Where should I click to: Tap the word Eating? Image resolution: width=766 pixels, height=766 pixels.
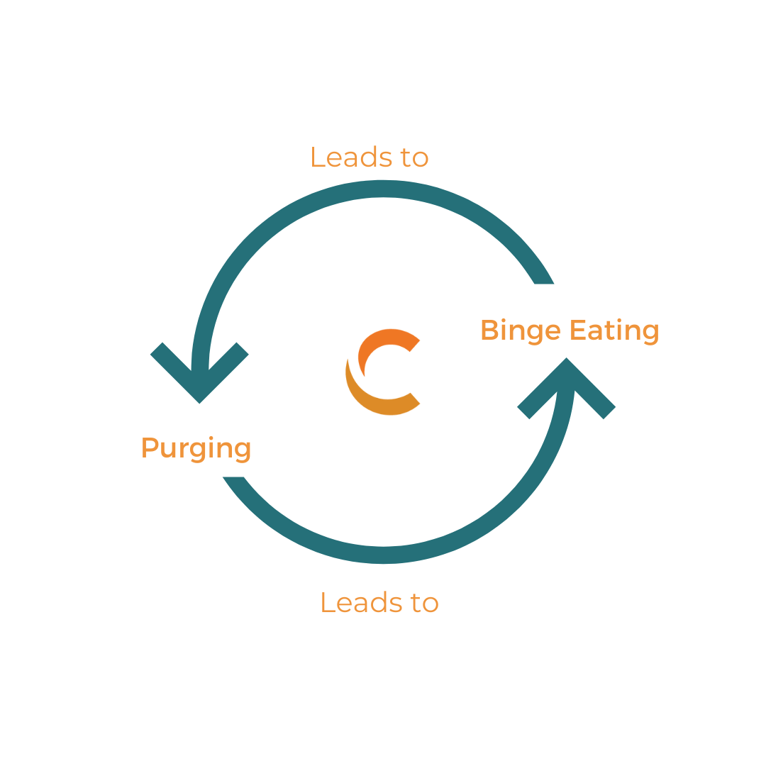pyautogui.click(x=615, y=331)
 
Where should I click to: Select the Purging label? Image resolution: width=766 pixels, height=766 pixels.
pyautogui.click(x=196, y=448)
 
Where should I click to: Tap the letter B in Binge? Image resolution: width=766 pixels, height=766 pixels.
pyautogui.click(x=489, y=331)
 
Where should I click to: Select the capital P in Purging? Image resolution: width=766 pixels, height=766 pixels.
pyautogui.click(x=149, y=448)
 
